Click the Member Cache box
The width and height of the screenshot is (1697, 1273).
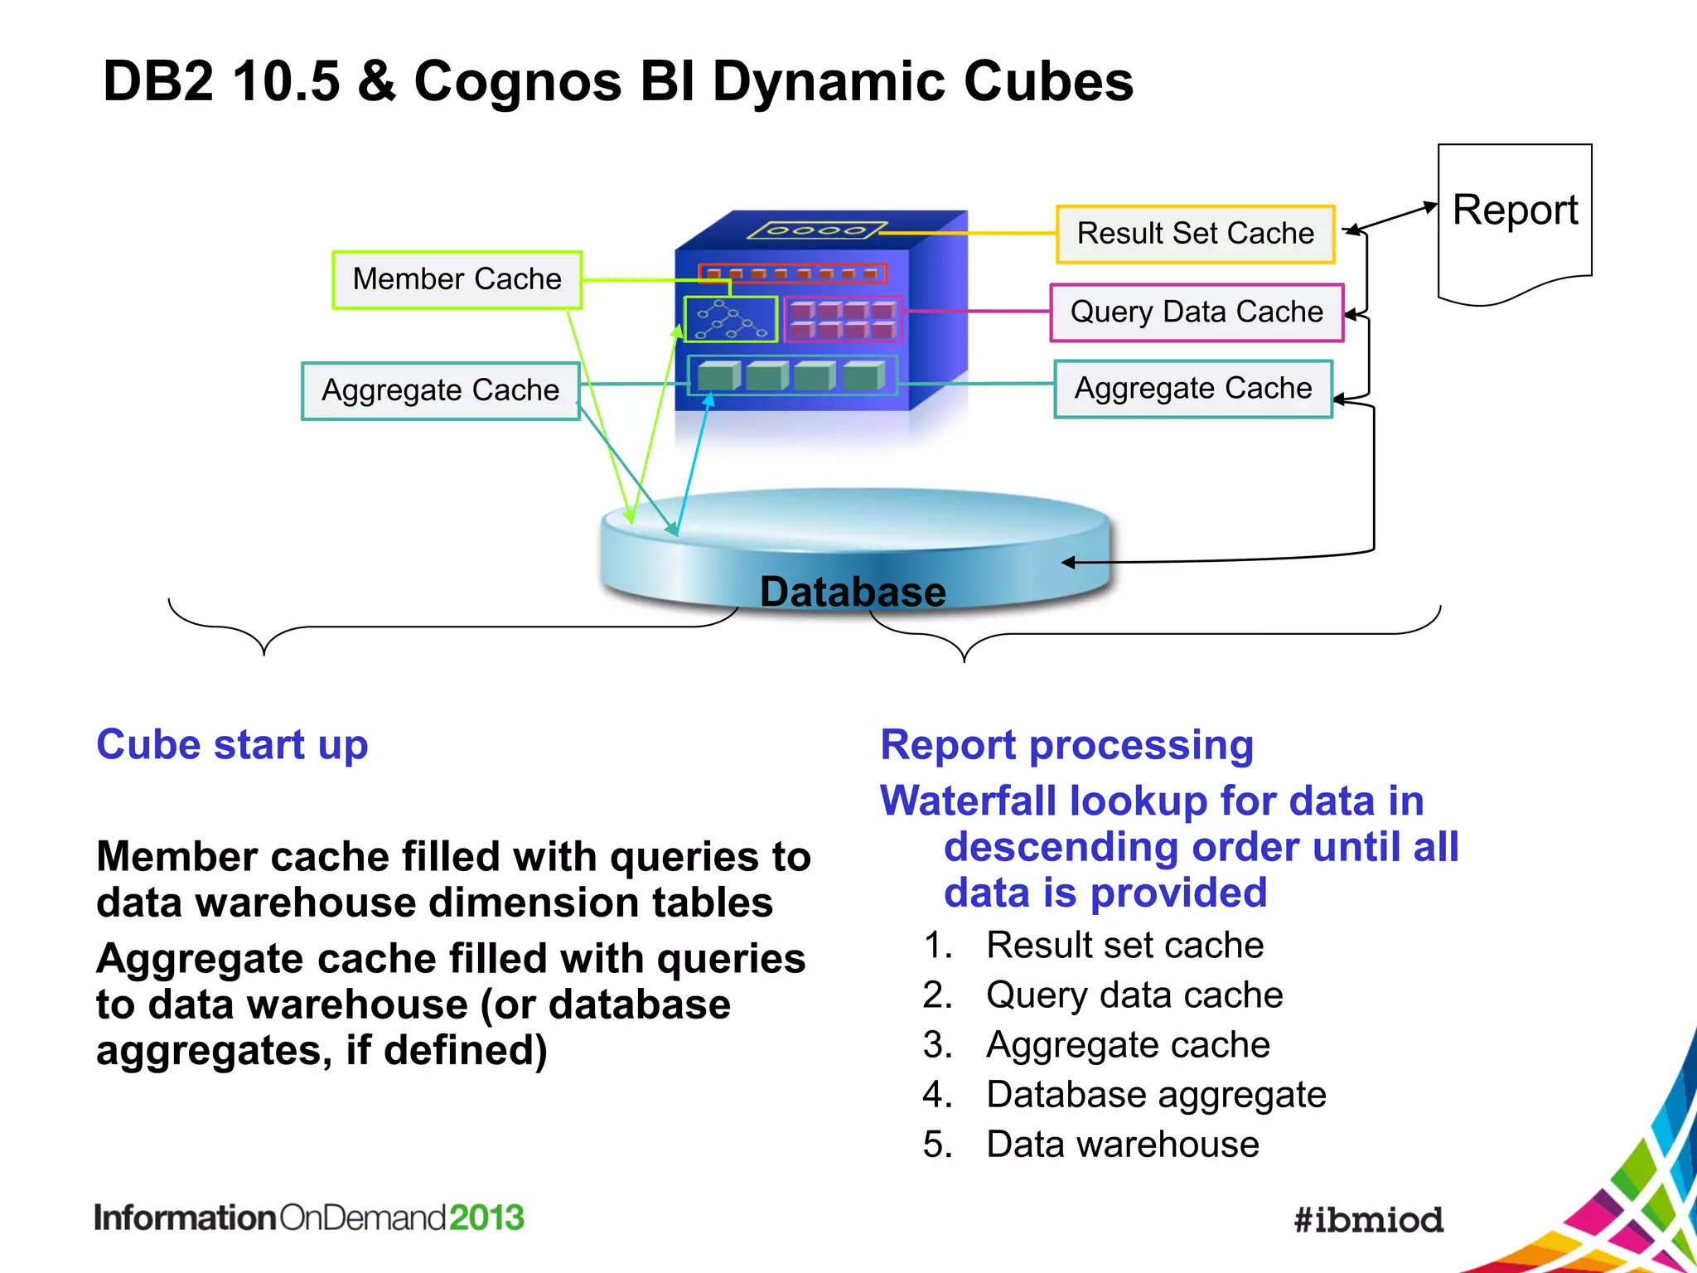(x=457, y=280)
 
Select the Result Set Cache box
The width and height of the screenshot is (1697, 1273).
(x=1195, y=234)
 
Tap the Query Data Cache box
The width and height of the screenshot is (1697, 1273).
(x=1196, y=312)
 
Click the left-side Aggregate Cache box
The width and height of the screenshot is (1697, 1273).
(x=440, y=390)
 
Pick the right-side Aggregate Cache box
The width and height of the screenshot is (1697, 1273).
(x=1192, y=389)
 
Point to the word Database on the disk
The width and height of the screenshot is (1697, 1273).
(x=852, y=592)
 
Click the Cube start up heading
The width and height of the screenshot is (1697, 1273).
(x=232, y=744)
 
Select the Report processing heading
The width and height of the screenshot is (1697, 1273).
(x=1066, y=744)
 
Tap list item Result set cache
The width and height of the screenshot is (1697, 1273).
(x=1124, y=945)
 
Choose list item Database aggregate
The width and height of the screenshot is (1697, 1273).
(x=1156, y=1094)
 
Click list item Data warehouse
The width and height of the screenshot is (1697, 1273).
(x=1122, y=1144)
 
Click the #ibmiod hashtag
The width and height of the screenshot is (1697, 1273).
(x=1368, y=1219)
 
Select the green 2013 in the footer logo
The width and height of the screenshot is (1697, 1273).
(x=486, y=1217)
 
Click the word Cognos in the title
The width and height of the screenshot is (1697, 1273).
(x=517, y=81)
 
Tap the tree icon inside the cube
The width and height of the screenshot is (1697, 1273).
(x=730, y=320)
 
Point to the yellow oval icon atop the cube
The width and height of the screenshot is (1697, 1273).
(x=816, y=230)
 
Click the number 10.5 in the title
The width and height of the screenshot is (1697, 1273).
(x=286, y=81)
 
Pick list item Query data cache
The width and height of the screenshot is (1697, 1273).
(x=1134, y=995)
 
